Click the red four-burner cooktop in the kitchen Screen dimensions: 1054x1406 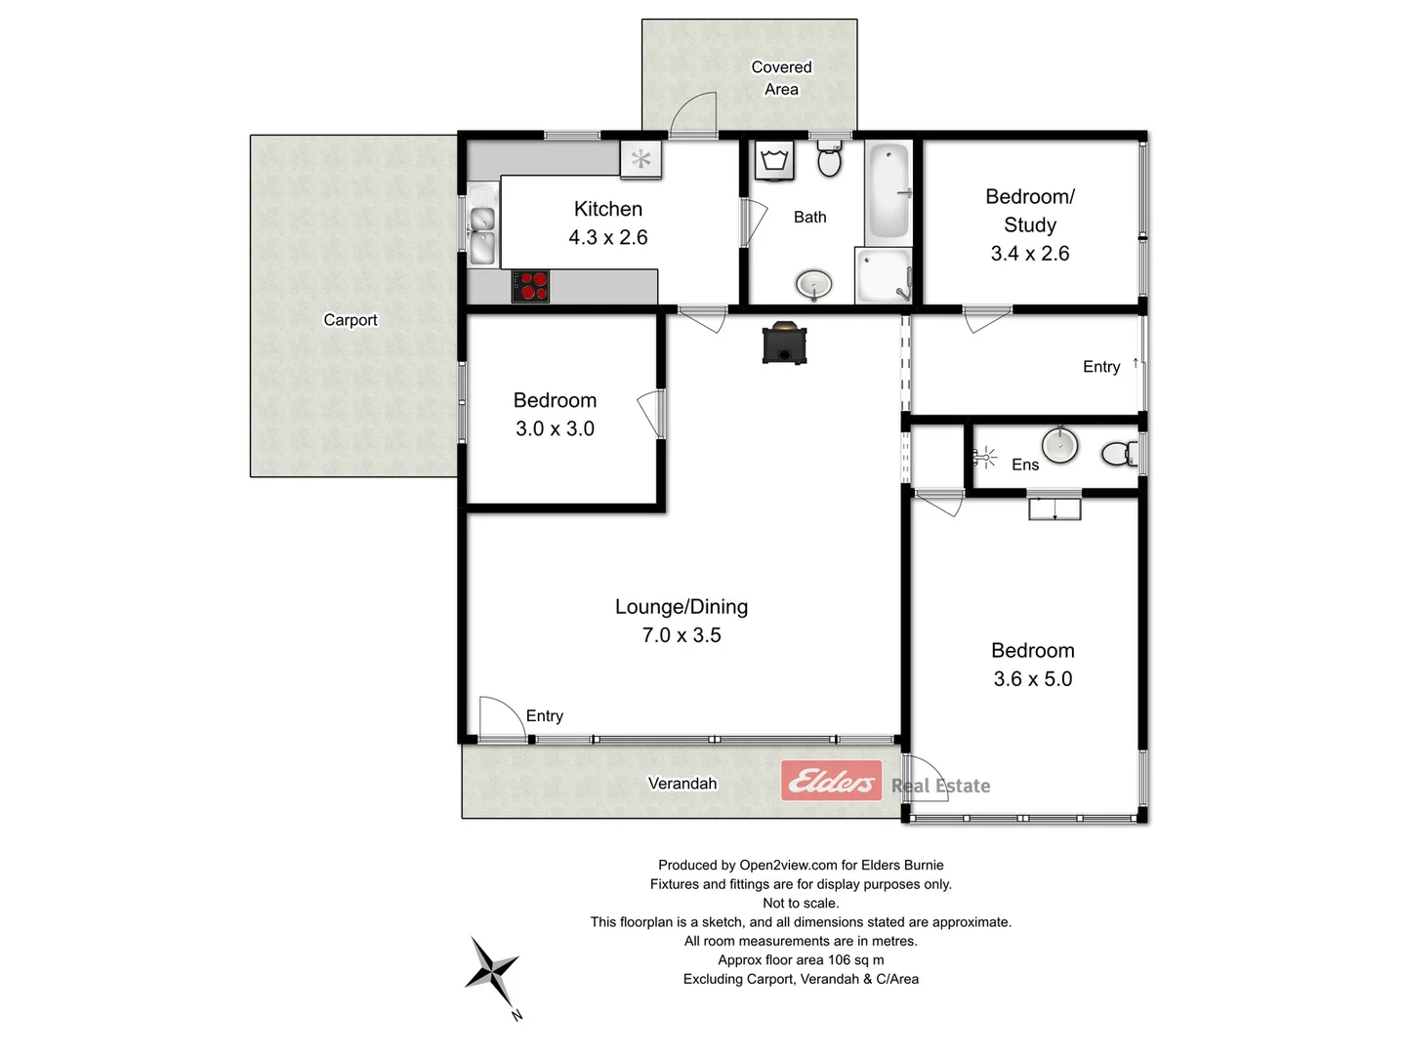pyautogui.click(x=530, y=286)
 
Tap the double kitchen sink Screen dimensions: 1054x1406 pyautogui.click(x=482, y=234)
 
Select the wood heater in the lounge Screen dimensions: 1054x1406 pyautogui.click(x=784, y=343)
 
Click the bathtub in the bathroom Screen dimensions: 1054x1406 pyautogui.click(x=889, y=192)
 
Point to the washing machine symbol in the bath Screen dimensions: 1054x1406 pyautogui.click(x=775, y=161)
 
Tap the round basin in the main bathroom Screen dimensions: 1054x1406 pyautogui.click(x=813, y=285)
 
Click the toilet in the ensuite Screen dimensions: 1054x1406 pyautogui.click(x=1118, y=453)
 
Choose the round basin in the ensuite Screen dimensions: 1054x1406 pyautogui.click(x=1058, y=445)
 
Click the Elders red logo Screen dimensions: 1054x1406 pyautogui.click(x=831, y=781)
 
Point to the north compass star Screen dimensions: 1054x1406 pyautogui.click(x=492, y=972)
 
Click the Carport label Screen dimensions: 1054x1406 pyautogui.click(x=350, y=320)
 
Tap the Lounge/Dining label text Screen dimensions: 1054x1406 pyautogui.click(x=681, y=607)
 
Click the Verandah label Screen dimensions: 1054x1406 pyautogui.click(x=682, y=784)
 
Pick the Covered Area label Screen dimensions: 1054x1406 pyautogui.click(x=781, y=78)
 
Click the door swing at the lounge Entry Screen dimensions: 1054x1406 pyautogui.click(x=500, y=717)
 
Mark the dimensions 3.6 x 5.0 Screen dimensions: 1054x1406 pyautogui.click(x=1032, y=679)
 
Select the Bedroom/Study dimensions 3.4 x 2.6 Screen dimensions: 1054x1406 pyautogui.click(x=1029, y=254)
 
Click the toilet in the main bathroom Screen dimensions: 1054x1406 pyautogui.click(x=829, y=158)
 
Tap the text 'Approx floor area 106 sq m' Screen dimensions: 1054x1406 pyautogui.click(x=801, y=960)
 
